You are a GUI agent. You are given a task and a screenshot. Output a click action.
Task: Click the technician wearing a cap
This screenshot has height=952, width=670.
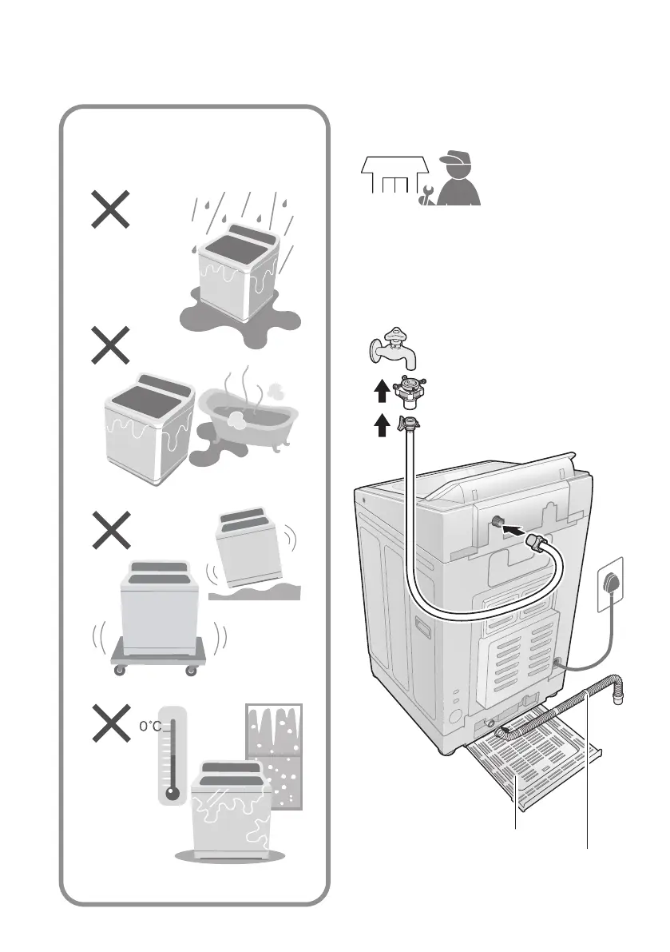click(x=458, y=180)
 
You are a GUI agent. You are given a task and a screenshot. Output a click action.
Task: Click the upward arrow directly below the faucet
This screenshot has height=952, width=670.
click(x=382, y=390)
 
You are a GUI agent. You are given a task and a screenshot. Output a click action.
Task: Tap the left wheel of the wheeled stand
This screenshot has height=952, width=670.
click(x=120, y=670)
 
